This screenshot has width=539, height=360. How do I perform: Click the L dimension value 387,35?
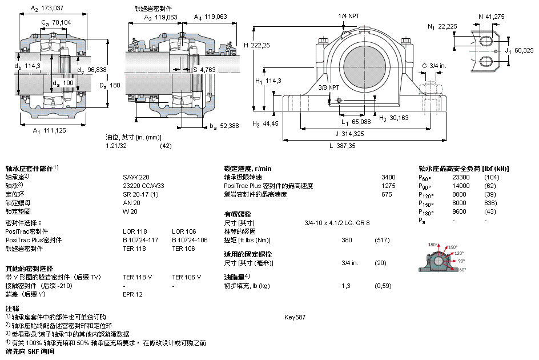[346, 146]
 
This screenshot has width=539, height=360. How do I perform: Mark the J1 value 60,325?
[524, 51]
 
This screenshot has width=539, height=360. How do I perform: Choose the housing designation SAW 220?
[135, 177]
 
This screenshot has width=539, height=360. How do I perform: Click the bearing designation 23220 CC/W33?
[143, 186]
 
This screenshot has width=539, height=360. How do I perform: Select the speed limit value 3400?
[388, 177]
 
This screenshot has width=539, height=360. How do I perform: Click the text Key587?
[295, 317]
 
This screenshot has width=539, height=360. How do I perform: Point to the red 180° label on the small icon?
[432, 244]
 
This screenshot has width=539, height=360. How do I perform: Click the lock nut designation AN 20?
[131, 203]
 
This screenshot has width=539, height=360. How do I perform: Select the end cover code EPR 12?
[132, 294]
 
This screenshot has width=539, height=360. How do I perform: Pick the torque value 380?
[346, 240]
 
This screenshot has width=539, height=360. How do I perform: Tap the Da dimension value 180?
[115, 85]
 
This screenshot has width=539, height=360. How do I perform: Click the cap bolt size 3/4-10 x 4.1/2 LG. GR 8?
[337, 223]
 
